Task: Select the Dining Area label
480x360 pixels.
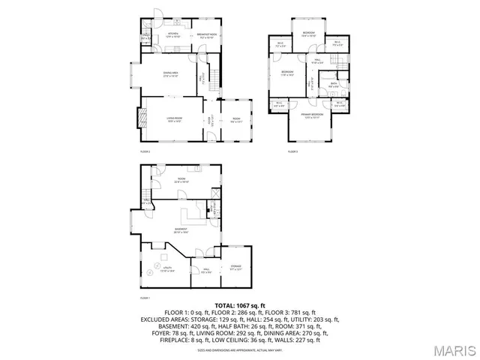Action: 171,73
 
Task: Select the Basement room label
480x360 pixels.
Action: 181,230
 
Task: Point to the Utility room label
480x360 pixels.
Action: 168,269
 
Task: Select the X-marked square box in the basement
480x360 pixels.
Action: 216,193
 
